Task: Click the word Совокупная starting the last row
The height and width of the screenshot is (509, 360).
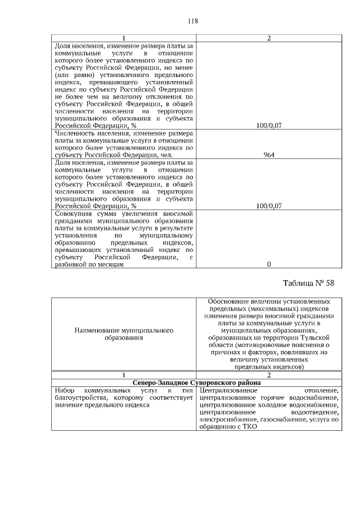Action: coord(74,213)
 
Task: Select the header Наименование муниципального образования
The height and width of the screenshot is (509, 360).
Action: coord(123,334)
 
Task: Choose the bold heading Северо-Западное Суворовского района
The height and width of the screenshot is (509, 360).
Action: coord(195,382)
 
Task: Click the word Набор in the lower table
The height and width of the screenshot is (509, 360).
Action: coord(65,390)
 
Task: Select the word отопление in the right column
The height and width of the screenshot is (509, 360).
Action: coord(321,390)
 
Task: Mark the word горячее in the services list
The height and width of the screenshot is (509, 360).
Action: coord(273,397)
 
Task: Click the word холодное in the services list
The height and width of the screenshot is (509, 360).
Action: coord(273,404)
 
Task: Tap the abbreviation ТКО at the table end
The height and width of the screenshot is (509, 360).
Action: coord(247,426)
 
